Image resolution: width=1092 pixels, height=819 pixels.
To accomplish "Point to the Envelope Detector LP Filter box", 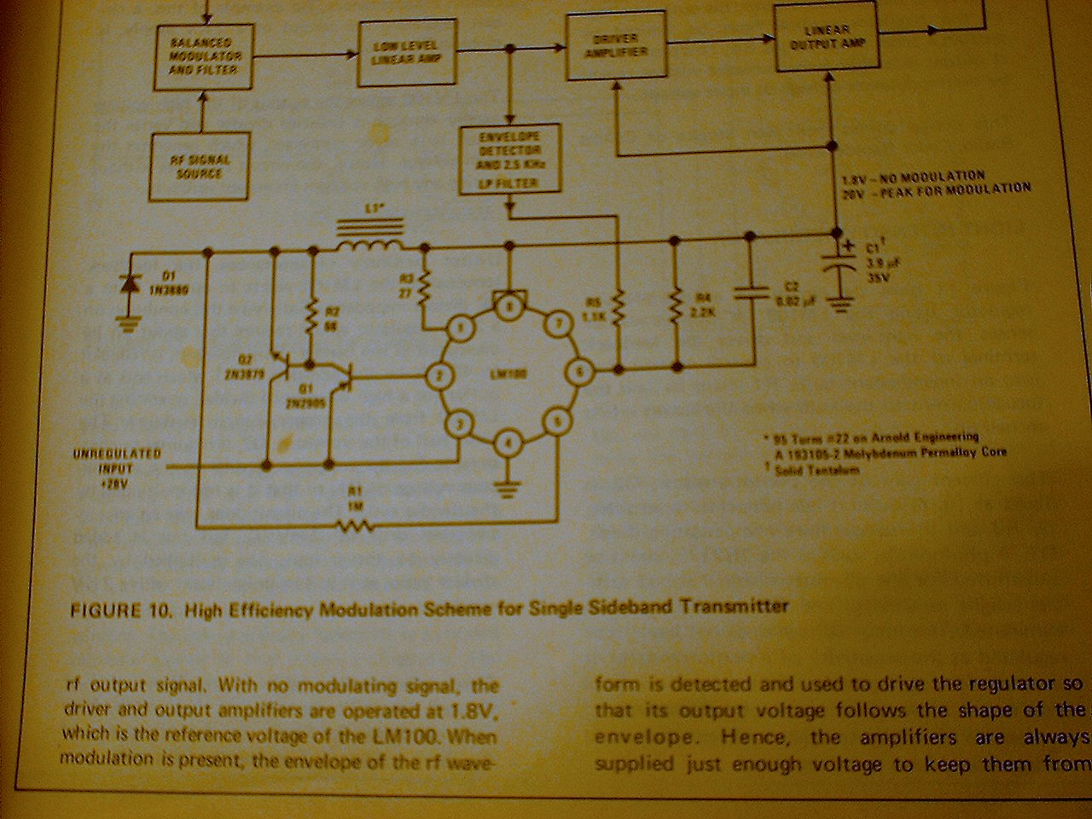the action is coord(510,160).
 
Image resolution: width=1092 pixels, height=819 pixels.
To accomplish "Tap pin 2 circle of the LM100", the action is coord(438,374).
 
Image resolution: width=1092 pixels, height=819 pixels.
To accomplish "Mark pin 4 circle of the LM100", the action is coord(508,442).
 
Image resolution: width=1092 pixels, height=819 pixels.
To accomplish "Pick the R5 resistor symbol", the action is coord(619,307).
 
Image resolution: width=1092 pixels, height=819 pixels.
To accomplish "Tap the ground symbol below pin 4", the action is coord(509,487).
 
